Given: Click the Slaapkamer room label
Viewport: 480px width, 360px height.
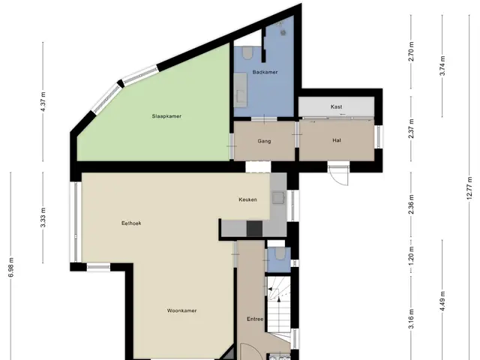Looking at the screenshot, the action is tap(166, 116).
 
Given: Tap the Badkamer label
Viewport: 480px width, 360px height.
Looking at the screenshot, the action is tap(265, 72).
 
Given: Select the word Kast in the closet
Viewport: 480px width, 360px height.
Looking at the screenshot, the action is tap(336, 106).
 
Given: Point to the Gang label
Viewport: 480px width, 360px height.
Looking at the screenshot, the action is tap(264, 141).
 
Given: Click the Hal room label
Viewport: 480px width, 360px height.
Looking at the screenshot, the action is tap(337, 140).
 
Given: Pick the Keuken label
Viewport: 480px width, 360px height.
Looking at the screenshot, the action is tap(247, 199).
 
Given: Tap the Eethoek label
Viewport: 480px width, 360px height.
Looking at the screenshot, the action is tap(131, 223).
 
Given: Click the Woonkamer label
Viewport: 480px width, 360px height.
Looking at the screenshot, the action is tap(181, 310).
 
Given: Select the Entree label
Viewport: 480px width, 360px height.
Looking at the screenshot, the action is tap(255, 319).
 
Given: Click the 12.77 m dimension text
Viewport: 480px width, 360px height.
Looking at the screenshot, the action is tap(469, 188).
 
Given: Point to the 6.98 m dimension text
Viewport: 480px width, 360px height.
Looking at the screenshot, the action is tap(11, 267).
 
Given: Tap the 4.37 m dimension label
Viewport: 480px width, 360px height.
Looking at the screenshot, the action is tap(43, 102).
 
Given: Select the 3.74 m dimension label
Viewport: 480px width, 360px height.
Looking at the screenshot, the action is tap(442, 65).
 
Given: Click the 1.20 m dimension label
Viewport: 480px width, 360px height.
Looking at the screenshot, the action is tap(411, 256).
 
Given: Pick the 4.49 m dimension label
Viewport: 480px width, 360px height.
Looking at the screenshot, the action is tap(442, 301).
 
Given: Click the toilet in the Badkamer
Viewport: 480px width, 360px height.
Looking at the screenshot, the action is tap(247, 52).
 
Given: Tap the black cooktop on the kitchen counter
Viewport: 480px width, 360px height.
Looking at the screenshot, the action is tap(254, 228).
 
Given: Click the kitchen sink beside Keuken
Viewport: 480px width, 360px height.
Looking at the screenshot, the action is tap(278, 198).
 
